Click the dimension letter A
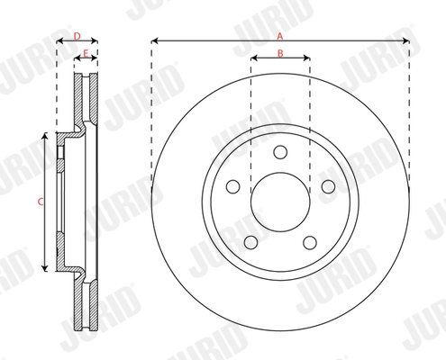280,35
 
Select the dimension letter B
280,53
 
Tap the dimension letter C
40,202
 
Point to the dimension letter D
77,35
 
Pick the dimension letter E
86,53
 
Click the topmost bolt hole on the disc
280,151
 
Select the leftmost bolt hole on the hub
232,186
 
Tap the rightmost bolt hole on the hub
328,186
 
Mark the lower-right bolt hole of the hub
310,242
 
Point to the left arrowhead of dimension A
154,40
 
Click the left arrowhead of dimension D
59,41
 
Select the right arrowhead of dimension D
96,41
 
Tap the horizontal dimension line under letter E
86,59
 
